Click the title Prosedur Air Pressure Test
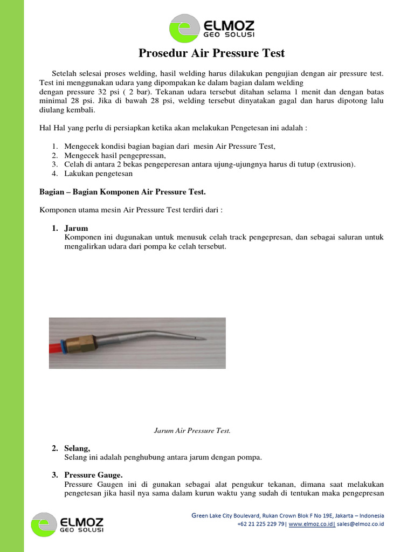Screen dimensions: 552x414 pyautogui.click(x=212, y=53)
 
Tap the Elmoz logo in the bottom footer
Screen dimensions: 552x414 pyautogui.click(x=68, y=525)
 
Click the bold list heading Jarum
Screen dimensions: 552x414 pyautogui.click(x=76, y=228)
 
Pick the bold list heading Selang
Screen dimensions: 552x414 pyautogui.click(x=78, y=448)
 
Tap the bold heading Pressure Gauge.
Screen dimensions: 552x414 pyautogui.click(x=93, y=475)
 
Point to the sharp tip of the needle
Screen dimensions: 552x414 pyautogui.click(x=201, y=339)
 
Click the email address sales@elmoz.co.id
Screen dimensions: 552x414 pyautogui.click(x=360, y=524)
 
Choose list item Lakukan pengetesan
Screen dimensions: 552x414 pyautogui.click(x=98, y=174)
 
